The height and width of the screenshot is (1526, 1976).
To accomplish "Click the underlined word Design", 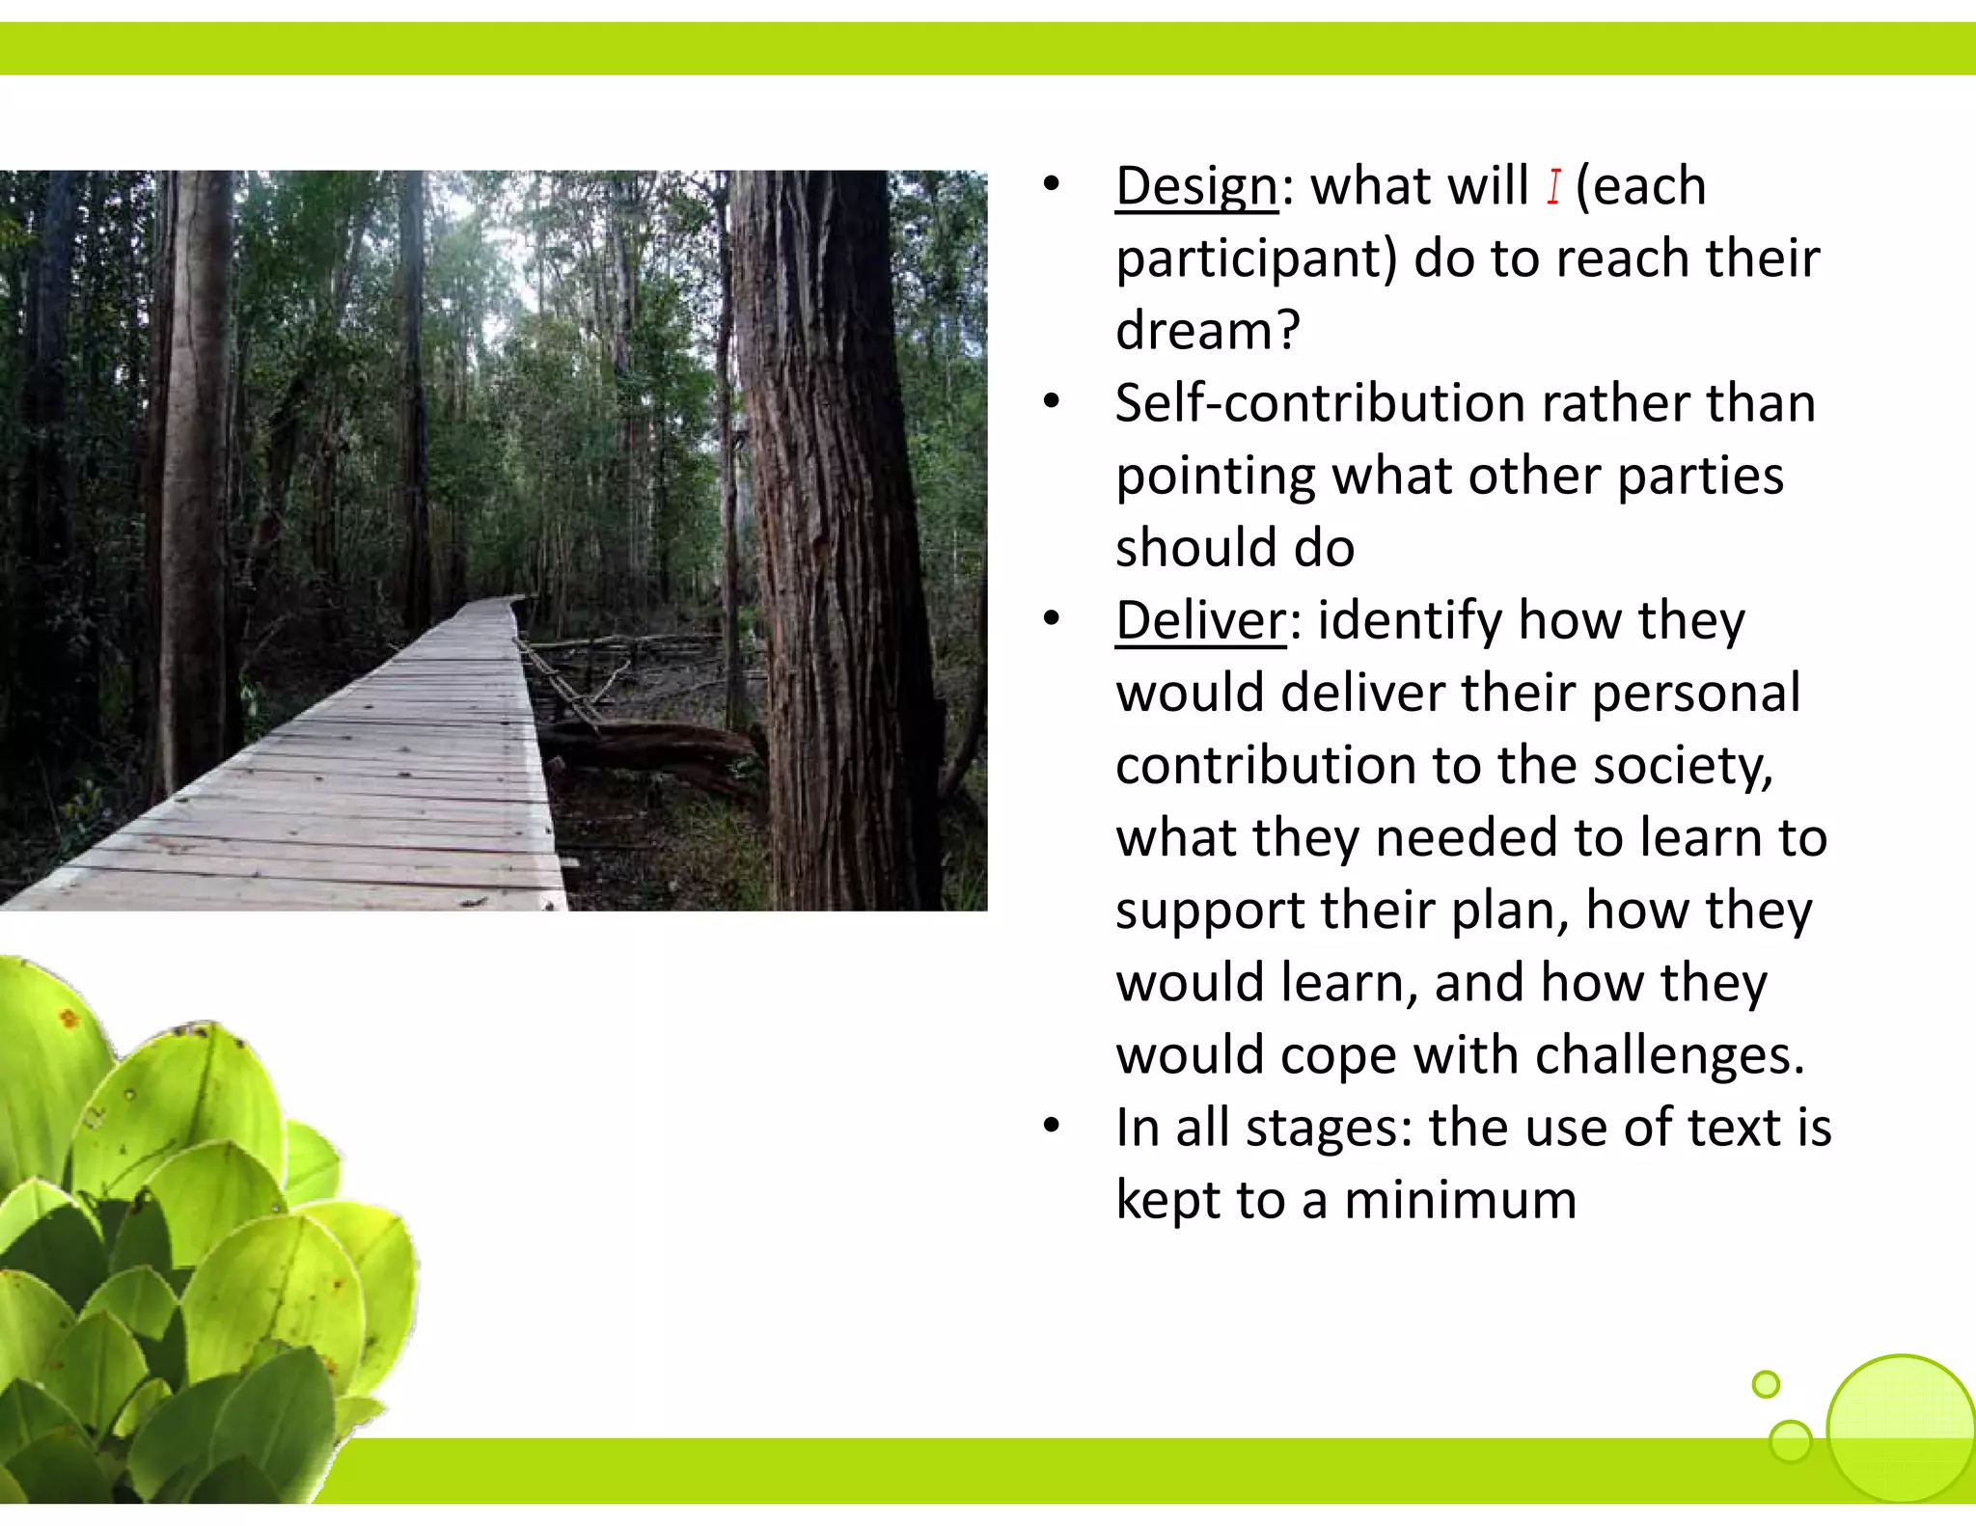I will [x=1196, y=186].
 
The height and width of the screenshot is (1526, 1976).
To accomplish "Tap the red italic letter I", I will [x=1553, y=186].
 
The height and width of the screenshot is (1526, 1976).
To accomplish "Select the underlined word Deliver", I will [x=1200, y=620].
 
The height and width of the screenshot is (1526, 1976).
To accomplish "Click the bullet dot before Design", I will [x=1052, y=184].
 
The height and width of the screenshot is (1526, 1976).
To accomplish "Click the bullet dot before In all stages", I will [x=1052, y=1125].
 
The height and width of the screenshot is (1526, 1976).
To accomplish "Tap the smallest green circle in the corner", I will [x=1766, y=1384].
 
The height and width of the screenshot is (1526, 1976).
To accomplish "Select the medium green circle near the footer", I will [x=1791, y=1441].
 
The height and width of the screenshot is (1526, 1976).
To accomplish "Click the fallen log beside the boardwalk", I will [x=666, y=748].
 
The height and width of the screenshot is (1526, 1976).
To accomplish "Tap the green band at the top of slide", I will [x=988, y=48].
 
